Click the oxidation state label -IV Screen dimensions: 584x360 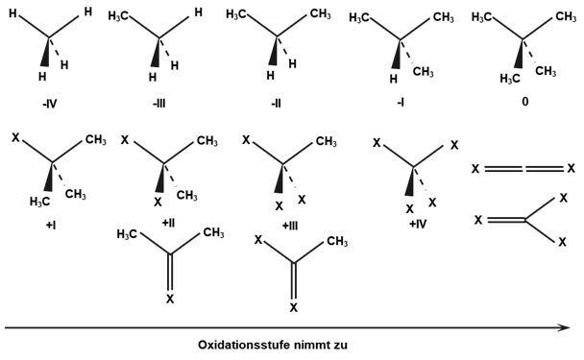50,104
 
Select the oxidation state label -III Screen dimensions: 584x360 159,103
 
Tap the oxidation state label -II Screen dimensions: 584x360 276,103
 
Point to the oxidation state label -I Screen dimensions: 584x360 401,103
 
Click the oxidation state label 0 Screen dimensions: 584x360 525,102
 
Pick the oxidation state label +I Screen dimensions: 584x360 51,226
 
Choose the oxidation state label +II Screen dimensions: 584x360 168,223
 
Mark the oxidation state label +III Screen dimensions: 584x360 290,226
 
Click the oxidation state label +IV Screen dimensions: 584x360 418,224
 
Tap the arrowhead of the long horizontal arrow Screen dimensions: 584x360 565,327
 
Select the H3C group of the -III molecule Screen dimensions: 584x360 118,16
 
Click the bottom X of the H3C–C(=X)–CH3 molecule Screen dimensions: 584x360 170,299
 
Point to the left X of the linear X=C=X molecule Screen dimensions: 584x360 475,169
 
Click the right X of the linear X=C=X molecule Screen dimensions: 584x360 572,169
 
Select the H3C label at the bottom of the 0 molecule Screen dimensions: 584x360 510,79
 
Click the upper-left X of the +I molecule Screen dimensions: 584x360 15,137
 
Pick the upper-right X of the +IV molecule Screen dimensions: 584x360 454,145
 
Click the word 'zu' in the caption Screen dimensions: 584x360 341,345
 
